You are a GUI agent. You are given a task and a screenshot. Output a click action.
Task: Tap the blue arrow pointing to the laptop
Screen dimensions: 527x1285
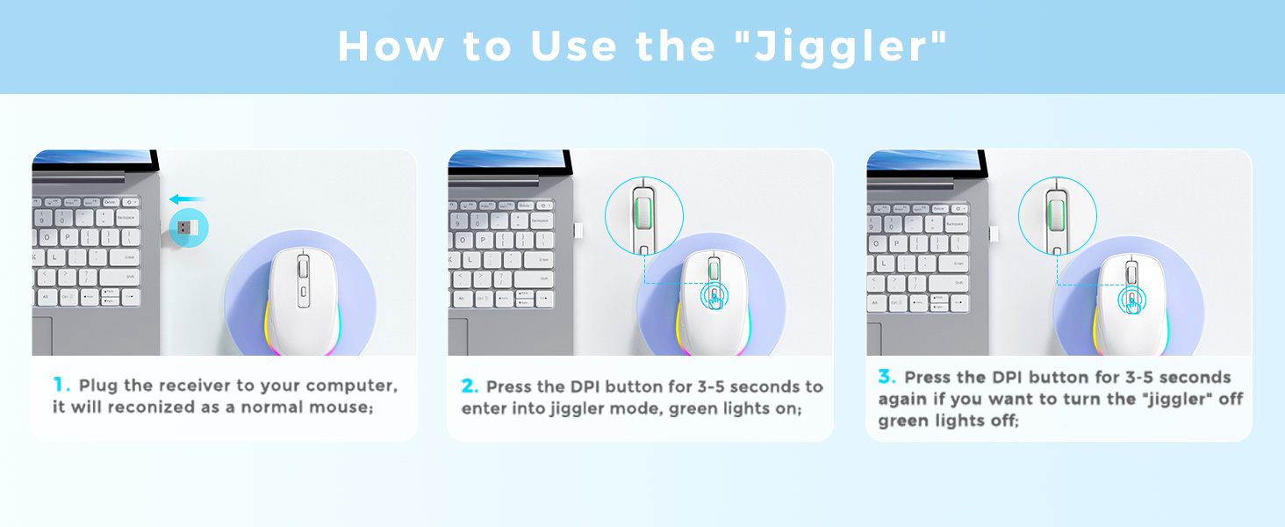point(187,199)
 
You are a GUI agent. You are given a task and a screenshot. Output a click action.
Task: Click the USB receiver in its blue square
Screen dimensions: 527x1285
point(187,227)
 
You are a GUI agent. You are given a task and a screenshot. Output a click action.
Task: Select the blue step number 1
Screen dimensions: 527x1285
point(61,385)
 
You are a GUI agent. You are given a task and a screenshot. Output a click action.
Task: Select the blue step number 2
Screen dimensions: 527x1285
point(470,386)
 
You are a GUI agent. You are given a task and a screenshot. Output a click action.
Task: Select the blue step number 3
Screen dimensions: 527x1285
point(886,377)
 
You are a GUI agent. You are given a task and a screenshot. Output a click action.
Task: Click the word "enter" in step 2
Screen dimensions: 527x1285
point(485,408)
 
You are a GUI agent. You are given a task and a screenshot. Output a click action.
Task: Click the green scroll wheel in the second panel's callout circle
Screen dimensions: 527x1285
point(644,215)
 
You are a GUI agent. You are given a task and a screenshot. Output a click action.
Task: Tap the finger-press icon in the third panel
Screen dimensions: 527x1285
point(1131,300)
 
